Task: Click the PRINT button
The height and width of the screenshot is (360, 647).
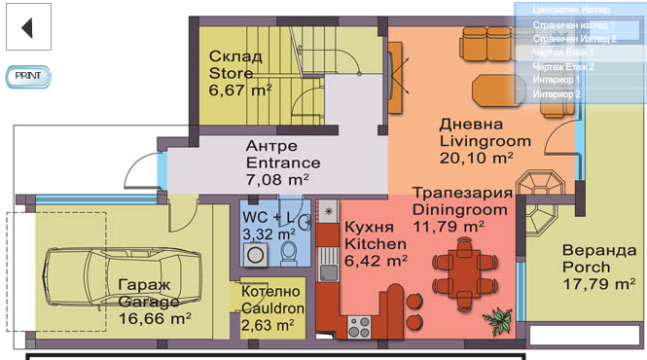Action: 28,76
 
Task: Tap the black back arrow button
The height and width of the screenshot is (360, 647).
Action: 28,27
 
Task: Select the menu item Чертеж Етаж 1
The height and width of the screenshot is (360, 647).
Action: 562,53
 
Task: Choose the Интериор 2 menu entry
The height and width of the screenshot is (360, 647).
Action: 557,94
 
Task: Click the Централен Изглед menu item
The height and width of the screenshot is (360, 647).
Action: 571,10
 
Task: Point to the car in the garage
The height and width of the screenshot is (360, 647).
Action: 123,276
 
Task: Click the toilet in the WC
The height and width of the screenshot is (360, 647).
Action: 289,253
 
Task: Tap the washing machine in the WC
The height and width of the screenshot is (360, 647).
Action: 255,255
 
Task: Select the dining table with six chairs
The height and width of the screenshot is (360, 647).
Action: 465,273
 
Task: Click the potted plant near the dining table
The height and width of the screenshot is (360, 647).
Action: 499,320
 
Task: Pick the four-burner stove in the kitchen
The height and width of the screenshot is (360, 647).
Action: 359,327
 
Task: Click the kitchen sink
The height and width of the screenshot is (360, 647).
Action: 329,264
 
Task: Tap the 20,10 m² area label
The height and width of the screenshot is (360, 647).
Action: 476,158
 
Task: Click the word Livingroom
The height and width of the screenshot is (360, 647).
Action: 485,141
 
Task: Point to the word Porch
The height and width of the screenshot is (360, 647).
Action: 587,268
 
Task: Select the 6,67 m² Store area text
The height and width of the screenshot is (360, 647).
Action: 240,90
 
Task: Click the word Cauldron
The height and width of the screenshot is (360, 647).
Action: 272,308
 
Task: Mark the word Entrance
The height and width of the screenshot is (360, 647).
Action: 283,162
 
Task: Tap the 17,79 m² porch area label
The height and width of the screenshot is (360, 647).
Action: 599,284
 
